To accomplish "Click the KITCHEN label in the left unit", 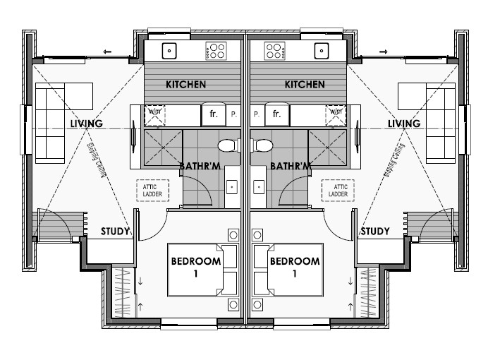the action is (185, 85).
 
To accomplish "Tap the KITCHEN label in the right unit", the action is (305, 85).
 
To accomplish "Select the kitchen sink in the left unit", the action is (169, 51).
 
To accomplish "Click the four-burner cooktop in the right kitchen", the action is (275, 51).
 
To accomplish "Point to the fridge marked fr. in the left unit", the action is (214, 114).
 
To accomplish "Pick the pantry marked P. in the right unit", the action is (257, 114).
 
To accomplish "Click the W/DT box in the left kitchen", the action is (154, 115).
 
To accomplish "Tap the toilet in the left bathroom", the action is (229, 145).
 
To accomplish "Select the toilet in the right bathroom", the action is (262, 145).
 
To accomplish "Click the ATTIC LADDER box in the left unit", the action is (152, 191).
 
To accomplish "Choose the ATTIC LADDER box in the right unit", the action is (338, 191).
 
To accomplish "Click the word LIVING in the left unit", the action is (87, 124).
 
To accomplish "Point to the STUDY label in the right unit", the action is (375, 231).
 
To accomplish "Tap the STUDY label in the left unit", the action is (115, 231).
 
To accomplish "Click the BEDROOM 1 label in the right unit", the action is (295, 267).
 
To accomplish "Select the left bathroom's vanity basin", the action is (232, 187).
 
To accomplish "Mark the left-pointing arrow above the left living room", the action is (107, 52).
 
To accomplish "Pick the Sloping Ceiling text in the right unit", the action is (394, 160).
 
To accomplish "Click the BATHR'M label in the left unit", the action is (200, 166).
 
